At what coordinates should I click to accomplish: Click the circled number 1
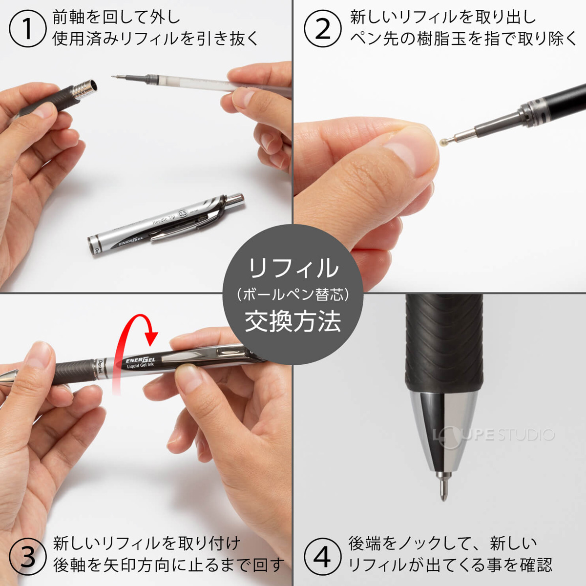click(27, 29)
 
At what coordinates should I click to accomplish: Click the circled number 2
click(323, 29)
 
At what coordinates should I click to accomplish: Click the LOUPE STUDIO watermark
click(493, 434)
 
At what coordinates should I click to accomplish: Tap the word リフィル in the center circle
click(293, 269)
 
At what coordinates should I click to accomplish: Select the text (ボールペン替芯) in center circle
click(293, 294)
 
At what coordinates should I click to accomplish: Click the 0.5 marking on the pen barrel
click(183, 213)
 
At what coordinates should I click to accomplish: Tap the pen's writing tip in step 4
click(443, 488)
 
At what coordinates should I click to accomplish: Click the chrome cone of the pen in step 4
click(443, 425)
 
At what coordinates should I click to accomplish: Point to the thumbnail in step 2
click(408, 151)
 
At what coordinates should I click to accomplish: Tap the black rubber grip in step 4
click(443, 342)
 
